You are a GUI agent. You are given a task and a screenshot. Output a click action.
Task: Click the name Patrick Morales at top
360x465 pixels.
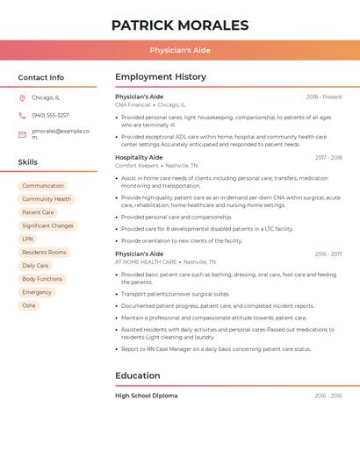179,25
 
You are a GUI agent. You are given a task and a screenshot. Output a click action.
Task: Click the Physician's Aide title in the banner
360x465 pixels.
179,50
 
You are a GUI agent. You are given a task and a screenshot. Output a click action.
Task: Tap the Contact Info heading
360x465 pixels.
40,77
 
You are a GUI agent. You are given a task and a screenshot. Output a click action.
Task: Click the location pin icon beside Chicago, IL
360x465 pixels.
22,98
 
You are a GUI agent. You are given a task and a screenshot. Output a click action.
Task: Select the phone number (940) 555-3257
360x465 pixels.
50,115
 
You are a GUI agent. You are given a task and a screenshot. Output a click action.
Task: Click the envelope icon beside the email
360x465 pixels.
22,133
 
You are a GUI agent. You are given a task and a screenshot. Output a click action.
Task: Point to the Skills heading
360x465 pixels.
28,162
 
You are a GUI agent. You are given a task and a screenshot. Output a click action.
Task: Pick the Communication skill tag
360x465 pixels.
43,186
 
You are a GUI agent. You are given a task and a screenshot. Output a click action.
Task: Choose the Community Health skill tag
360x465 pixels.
47,199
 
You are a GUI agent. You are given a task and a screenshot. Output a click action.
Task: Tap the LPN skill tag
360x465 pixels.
28,239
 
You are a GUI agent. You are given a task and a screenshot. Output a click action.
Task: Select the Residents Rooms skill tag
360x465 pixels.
44,253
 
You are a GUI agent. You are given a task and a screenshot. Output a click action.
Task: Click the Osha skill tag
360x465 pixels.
29,305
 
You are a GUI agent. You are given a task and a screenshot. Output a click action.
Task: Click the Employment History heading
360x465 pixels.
161,77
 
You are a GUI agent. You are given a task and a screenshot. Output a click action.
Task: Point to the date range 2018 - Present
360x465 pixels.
324,97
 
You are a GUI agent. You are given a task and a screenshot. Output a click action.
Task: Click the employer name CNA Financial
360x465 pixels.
133,104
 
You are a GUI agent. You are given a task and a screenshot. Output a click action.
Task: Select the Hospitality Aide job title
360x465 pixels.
139,157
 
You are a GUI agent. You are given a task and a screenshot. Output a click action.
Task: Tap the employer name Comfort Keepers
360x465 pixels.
136,165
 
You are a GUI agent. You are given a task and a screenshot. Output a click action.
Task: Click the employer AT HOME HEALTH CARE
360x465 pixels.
146,261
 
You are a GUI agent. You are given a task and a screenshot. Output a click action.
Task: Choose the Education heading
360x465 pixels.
137,376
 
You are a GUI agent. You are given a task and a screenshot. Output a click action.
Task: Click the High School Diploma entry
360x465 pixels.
147,396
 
